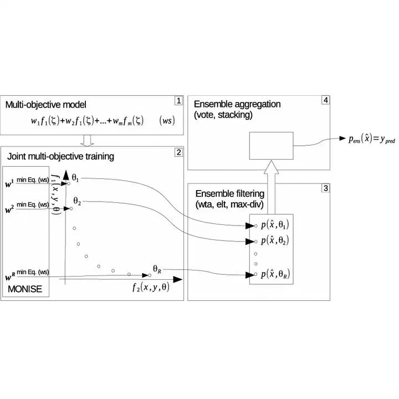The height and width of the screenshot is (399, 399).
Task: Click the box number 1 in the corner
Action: (179, 101)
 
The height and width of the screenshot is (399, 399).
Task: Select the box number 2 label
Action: (179, 152)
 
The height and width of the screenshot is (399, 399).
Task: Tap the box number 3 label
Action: (326, 188)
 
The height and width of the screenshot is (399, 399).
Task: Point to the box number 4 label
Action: (326, 100)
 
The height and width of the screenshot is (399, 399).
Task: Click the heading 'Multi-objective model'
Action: (46, 105)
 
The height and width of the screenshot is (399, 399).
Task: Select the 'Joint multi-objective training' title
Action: (60, 156)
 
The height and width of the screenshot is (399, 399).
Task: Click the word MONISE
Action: (25, 289)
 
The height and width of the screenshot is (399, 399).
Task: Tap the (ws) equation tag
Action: (167, 120)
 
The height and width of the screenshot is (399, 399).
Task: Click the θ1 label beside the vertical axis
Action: (75, 178)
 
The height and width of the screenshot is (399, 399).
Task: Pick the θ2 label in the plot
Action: (77, 201)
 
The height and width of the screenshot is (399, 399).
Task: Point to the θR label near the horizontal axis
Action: (157, 269)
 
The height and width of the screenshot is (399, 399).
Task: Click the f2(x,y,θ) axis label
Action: (151, 287)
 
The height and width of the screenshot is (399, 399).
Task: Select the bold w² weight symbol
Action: (9, 209)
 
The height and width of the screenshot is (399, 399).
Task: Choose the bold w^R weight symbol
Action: (10, 277)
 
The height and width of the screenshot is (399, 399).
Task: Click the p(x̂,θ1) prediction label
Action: (275, 224)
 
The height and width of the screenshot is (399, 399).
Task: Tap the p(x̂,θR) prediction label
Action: (275, 274)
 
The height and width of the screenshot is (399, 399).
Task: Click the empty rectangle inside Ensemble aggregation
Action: (271, 146)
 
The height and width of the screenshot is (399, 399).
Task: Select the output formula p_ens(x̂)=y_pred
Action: (372, 139)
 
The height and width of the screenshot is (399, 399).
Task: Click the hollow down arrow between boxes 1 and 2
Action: (87, 141)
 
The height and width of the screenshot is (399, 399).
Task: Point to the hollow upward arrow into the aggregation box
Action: (271, 187)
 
